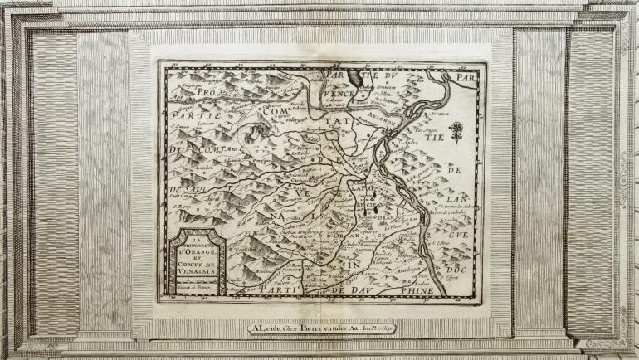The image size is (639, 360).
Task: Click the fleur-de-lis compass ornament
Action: point(455,130)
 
